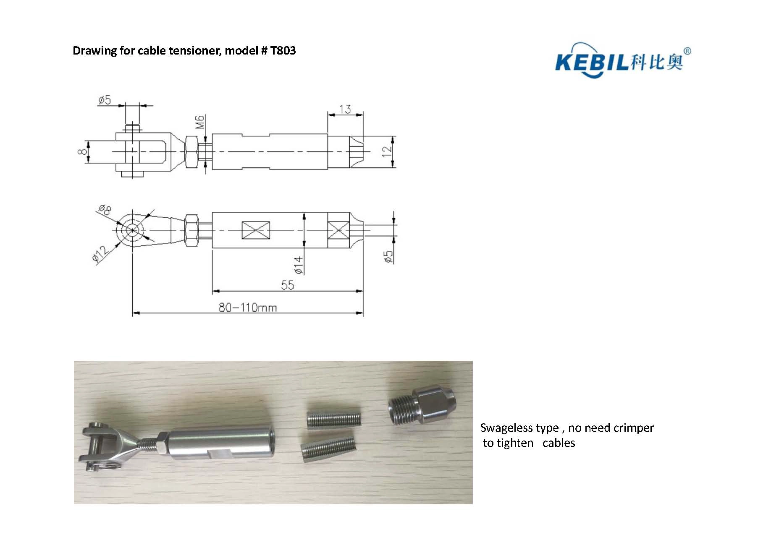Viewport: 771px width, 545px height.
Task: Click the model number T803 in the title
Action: (x=283, y=51)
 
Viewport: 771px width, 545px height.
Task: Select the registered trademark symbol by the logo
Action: (x=687, y=51)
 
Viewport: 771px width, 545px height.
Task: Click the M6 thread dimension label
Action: (x=200, y=122)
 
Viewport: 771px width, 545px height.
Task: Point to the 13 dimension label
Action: (x=345, y=109)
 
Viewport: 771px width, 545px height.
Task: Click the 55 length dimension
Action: (x=288, y=285)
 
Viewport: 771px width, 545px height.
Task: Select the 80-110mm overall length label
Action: (x=248, y=308)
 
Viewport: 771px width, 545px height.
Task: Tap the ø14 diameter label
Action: (x=299, y=265)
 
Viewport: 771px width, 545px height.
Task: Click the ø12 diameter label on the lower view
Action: (x=100, y=255)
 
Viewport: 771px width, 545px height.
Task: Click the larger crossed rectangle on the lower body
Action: (x=257, y=230)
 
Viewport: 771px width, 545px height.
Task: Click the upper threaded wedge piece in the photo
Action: (x=334, y=420)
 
